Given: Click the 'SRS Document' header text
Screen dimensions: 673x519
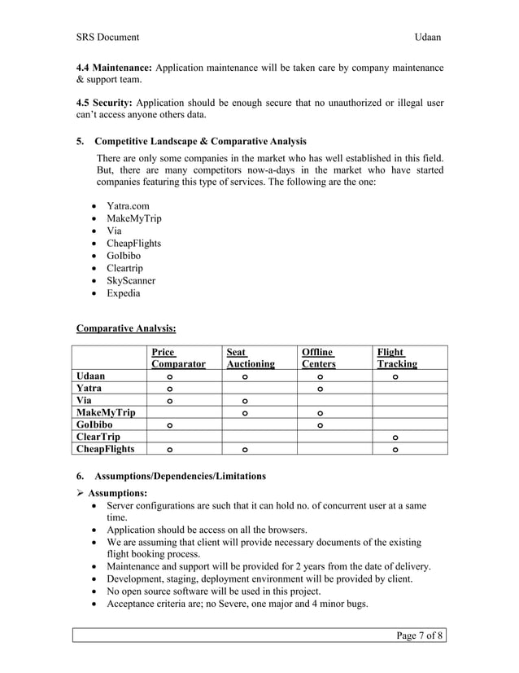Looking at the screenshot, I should tap(107, 37).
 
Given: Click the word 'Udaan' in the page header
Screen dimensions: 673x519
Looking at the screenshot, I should tap(429, 37).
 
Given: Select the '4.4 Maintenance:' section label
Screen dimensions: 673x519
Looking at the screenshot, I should tap(113, 67).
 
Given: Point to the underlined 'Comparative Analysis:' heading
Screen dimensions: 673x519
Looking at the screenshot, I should tap(125, 328).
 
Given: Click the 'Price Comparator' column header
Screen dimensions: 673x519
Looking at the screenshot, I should tap(177, 358).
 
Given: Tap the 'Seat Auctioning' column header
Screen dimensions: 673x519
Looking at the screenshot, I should tap(250, 358).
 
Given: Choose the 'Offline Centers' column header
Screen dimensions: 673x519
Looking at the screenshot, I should tap(318, 358).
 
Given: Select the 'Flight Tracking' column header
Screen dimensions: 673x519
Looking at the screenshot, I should tap(396, 358).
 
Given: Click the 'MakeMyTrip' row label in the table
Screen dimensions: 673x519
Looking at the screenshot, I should tap(106, 413).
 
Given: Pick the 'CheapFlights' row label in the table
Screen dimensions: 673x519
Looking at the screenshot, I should tap(107, 449).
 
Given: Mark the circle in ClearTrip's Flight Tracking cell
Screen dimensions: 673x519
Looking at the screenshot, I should tap(395, 438).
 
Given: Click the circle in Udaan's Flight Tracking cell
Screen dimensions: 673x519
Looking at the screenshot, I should tap(395, 377).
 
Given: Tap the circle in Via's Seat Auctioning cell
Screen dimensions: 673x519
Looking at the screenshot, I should tap(245, 402).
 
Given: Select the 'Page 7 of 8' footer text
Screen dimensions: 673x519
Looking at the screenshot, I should tap(419, 636).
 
